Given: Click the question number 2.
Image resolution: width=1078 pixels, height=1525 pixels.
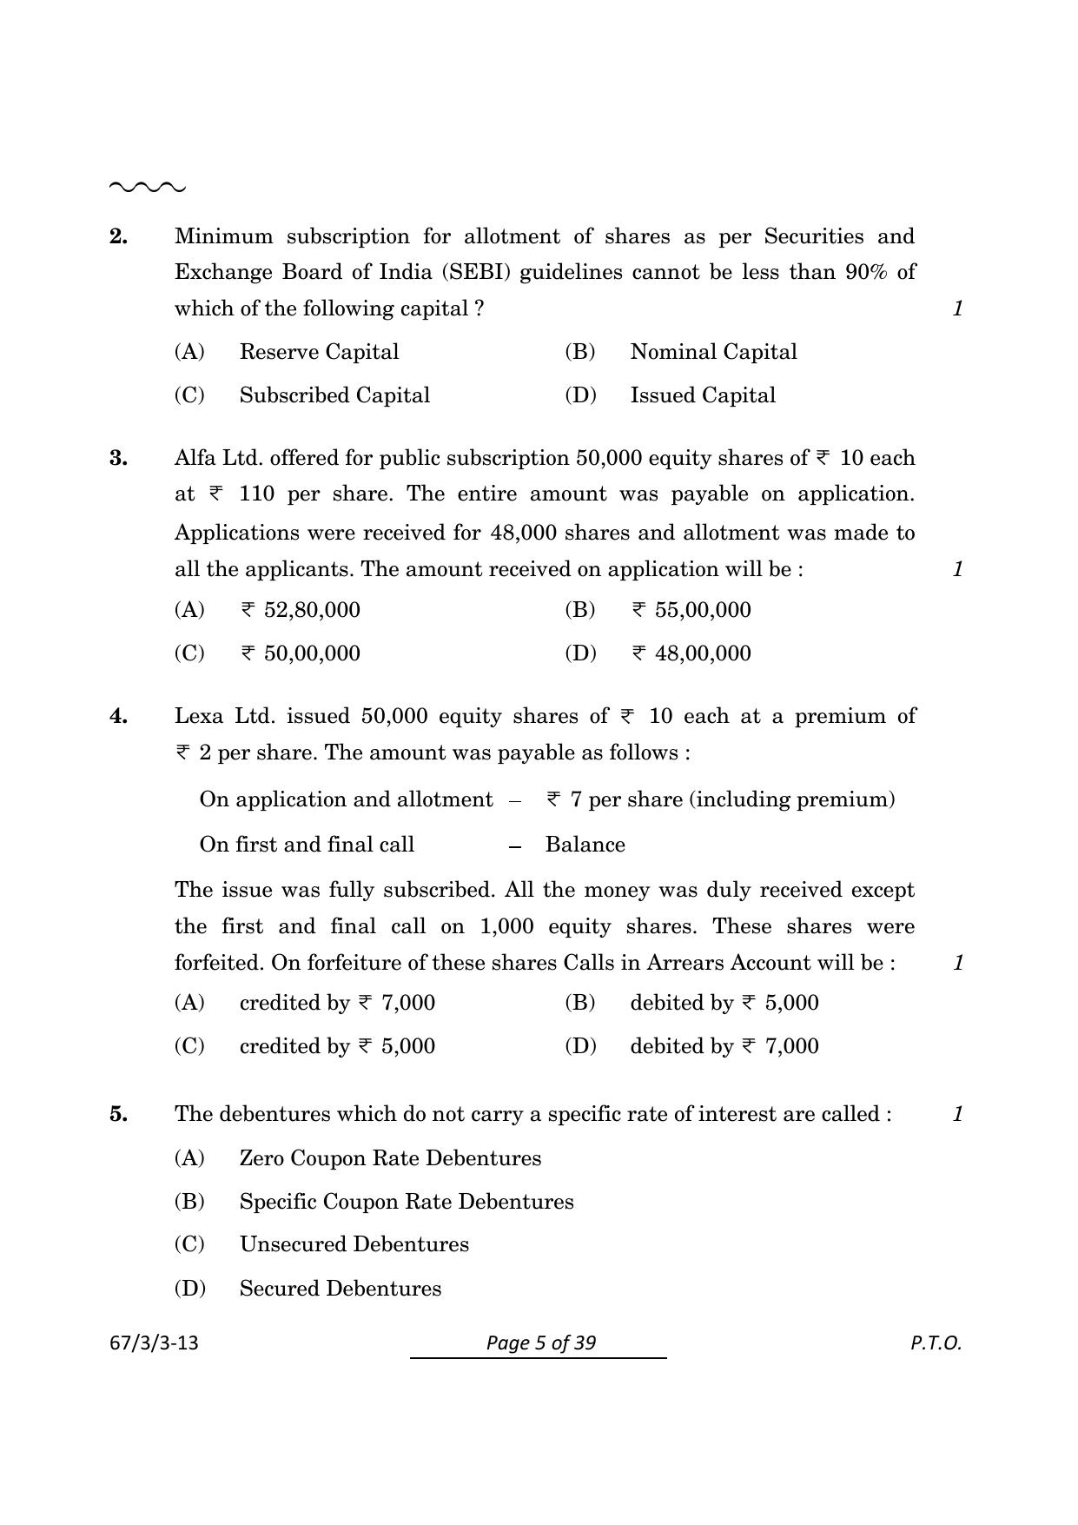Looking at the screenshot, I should click(x=118, y=236).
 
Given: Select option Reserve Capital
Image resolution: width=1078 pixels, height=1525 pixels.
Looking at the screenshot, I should click(x=319, y=352).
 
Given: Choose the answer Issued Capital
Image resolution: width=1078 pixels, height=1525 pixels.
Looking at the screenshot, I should click(x=702, y=395).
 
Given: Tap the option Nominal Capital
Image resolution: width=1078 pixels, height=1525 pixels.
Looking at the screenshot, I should click(x=712, y=352).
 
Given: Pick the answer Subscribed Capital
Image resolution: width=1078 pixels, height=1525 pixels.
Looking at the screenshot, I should click(x=334, y=395).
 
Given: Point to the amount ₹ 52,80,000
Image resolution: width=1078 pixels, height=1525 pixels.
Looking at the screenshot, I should click(x=301, y=610).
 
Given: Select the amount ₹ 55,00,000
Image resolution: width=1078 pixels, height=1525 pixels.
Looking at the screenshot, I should click(x=691, y=610).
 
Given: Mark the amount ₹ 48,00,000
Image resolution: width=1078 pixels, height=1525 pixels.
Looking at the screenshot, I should click(x=691, y=653).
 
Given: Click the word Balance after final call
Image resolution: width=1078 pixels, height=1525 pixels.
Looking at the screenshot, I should click(x=585, y=845).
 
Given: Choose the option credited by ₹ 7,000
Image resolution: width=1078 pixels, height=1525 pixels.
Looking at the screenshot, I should click(x=337, y=1003).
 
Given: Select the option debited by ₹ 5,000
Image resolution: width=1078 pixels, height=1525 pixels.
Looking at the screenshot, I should click(x=724, y=1003).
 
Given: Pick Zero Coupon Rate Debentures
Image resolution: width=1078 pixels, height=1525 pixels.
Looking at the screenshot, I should click(x=390, y=1158).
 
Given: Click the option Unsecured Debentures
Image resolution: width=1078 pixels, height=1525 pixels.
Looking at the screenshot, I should click(x=354, y=1244).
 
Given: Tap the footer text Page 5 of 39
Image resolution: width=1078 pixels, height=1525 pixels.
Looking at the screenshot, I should click(x=540, y=1343).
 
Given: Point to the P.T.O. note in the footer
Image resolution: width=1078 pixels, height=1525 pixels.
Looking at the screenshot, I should click(x=936, y=1343).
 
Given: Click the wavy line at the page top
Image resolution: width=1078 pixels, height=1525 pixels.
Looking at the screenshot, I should click(x=147, y=187).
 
